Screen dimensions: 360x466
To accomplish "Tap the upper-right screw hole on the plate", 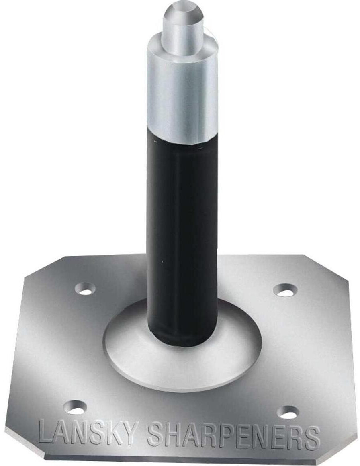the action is point(285,290).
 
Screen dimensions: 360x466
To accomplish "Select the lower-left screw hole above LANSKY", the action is point(76,407).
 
